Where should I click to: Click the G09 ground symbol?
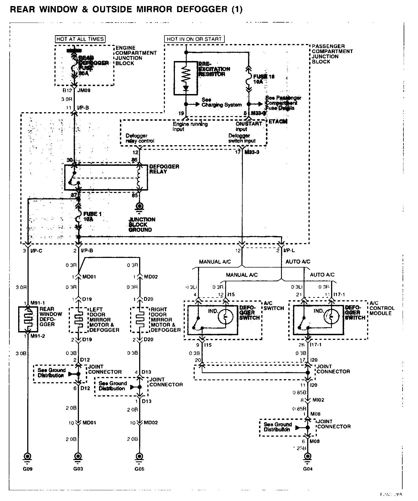[28, 456]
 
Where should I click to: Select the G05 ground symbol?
[140, 456]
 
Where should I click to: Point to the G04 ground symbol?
[307, 456]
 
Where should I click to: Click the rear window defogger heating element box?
[28, 319]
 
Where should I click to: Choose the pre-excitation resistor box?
[186, 78]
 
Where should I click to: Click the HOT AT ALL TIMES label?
[80, 39]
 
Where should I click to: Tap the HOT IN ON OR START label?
[194, 39]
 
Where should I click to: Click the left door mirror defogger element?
[79, 320]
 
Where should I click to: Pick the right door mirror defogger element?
[140, 320]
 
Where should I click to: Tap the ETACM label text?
[278, 122]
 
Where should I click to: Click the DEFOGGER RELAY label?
[164, 169]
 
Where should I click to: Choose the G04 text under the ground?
[307, 469]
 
